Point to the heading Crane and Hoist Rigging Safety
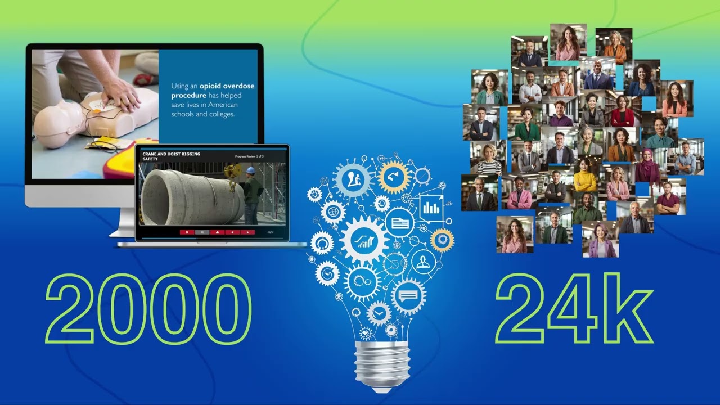[x=171, y=156]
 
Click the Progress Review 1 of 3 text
[x=256, y=155]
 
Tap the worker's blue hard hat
[x=250, y=170]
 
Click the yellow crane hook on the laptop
[x=232, y=169]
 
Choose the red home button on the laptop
[x=217, y=232]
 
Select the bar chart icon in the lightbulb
[x=431, y=208]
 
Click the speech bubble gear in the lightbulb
[x=408, y=295]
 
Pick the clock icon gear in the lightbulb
[x=379, y=313]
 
